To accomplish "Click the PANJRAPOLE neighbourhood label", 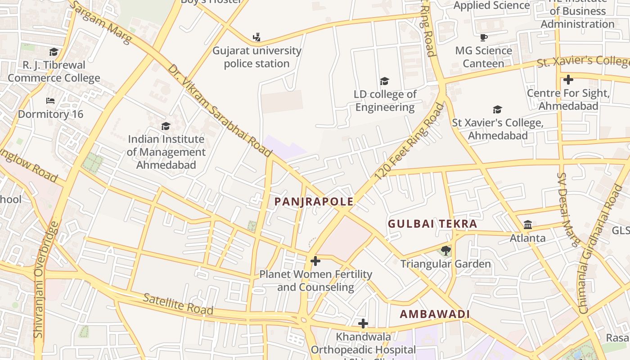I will (x=314, y=202).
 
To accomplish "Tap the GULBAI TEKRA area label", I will (x=432, y=224).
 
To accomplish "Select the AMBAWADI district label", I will (x=435, y=314).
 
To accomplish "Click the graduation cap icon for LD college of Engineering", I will (x=384, y=81).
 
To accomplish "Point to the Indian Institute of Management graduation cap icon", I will (x=166, y=126).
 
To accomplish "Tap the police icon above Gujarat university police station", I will (x=256, y=37).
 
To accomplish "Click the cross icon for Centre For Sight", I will (x=568, y=80).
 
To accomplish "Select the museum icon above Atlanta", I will (x=528, y=225).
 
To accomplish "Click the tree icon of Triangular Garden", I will (x=446, y=250).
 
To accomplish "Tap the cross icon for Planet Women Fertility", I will (x=315, y=261).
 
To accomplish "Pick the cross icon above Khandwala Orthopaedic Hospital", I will (x=363, y=323).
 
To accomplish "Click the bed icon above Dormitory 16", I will (x=50, y=101).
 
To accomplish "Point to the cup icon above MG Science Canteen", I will (x=484, y=37).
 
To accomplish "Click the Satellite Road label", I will (x=178, y=304).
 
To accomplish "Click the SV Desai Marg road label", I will (x=568, y=209).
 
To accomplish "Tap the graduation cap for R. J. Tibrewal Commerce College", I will (x=54, y=52).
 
